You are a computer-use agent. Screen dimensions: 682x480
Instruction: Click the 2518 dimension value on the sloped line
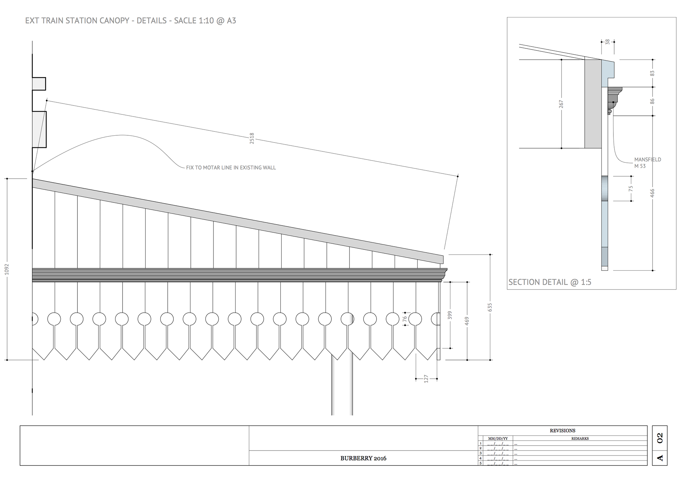[x=252, y=138]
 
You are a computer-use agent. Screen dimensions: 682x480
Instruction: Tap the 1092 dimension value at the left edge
[x=7, y=269]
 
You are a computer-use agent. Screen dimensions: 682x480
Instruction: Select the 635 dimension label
[x=490, y=307]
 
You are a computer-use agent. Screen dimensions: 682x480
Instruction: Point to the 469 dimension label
[x=467, y=321]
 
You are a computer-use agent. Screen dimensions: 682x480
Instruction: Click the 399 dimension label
[x=450, y=315]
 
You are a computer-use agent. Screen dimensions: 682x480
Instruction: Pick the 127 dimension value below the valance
[x=426, y=379]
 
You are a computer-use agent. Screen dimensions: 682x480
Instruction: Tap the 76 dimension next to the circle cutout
[x=405, y=319]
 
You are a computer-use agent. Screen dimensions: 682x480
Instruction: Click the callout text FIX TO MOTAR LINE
[x=231, y=167]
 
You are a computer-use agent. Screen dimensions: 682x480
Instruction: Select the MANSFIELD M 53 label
[x=648, y=163]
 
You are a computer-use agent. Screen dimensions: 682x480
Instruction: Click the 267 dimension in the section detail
[x=561, y=104]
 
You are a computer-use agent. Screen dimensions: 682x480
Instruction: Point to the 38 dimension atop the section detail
[x=607, y=42]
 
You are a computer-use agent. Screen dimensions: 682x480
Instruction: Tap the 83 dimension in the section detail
[x=652, y=73]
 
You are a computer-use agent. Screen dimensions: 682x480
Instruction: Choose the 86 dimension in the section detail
[x=652, y=101]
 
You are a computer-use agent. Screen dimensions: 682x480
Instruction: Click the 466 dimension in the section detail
[x=652, y=193]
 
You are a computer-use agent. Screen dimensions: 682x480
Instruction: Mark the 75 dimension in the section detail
[x=631, y=189]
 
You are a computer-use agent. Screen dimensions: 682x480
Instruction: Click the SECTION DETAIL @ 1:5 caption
[x=550, y=282]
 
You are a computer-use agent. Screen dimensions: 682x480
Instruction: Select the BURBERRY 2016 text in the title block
[x=363, y=458]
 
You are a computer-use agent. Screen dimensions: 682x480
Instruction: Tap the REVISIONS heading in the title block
[x=562, y=431]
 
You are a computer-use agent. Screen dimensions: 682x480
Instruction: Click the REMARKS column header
[x=580, y=438]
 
